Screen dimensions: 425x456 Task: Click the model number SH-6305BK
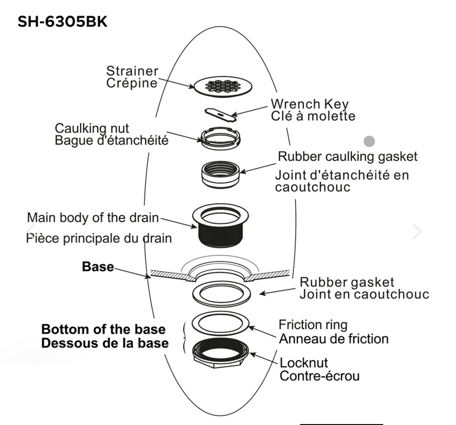[62, 22]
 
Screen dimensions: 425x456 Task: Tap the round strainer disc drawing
[223, 86]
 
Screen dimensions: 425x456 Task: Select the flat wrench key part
[221, 115]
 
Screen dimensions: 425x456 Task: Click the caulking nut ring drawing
[221, 139]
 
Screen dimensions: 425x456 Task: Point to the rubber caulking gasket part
[221, 174]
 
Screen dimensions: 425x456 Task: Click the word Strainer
[132, 71]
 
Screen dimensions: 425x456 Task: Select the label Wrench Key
[310, 104]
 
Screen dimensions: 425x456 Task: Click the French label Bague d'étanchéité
[111, 141]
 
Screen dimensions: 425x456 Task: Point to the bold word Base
[98, 267]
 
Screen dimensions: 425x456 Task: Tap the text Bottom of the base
[104, 329]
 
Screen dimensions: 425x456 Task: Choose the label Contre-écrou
[319, 376]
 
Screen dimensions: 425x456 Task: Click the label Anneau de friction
[334, 339]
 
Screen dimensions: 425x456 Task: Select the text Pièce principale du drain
[99, 238]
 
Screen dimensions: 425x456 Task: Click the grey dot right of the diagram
[369, 141]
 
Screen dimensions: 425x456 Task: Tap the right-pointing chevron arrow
[417, 232]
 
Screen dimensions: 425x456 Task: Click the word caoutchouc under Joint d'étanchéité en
[312, 187]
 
